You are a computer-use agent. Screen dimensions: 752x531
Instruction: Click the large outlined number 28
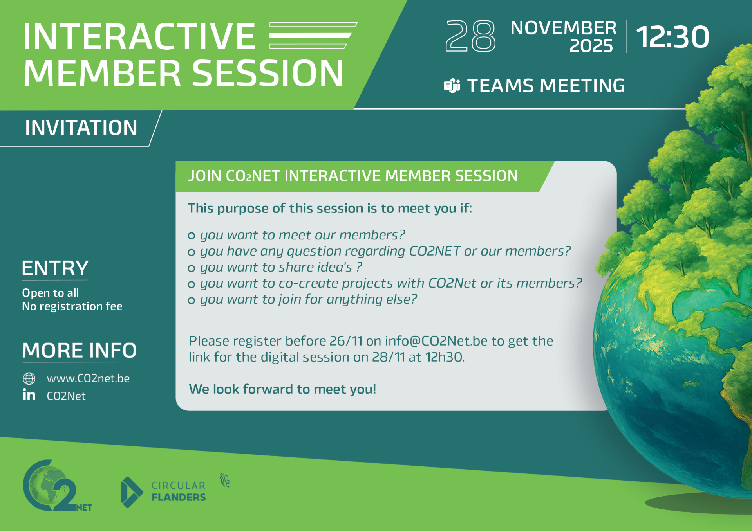coord(470,36)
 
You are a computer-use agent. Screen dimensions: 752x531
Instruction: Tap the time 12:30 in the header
coord(672,37)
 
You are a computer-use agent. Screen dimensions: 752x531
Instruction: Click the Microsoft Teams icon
coord(452,86)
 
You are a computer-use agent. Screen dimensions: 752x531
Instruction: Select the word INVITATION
coord(81,128)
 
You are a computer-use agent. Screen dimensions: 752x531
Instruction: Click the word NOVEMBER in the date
coord(563,28)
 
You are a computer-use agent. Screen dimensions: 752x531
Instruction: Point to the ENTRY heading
coord(55,268)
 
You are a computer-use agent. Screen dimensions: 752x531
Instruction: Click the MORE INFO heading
coord(80,350)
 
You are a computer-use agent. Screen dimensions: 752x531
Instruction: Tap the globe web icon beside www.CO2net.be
coord(29,378)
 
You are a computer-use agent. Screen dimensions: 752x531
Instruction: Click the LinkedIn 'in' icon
coord(29,395)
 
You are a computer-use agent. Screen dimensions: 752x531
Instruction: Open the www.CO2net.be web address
coord(88,378)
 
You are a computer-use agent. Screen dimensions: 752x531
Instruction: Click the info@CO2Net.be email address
coord(436,341)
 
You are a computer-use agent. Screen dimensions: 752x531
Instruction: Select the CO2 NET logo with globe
coord(57,486)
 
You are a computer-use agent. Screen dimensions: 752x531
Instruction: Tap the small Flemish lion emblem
coord(224,480)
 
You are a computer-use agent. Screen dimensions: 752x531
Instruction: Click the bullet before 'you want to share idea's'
coord(192,268)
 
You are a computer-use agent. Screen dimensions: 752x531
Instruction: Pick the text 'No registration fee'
coord(72,306)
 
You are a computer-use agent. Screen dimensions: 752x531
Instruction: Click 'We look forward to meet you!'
coord(282,389)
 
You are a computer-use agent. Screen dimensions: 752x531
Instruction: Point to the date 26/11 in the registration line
coord(346,341)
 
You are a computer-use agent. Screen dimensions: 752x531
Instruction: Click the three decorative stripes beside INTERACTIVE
coord(313,35)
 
